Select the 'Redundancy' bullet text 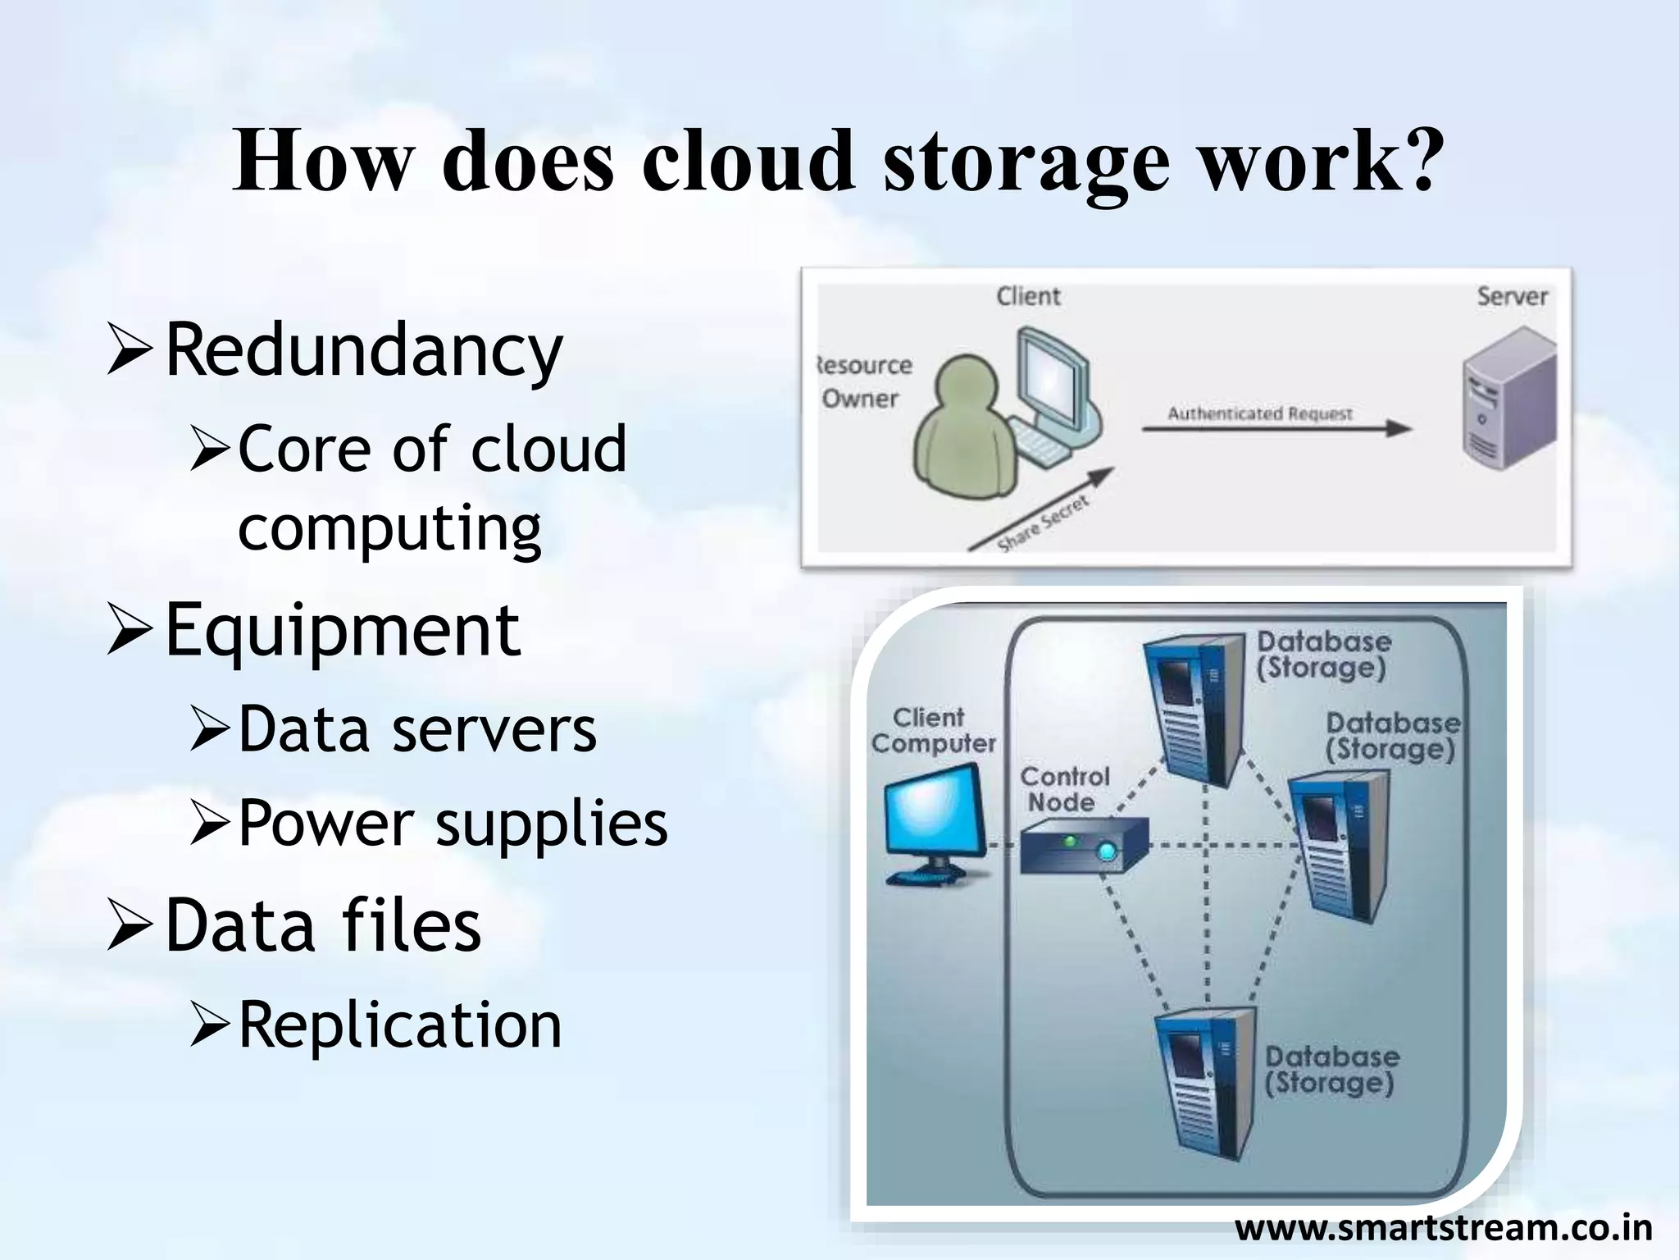click(x=364, y=350)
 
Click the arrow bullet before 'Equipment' click(x=130, y=631)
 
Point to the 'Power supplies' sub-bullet click(x=453, y=823)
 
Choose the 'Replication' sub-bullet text click(x=400, y=1025)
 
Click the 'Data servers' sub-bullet click(x=417, y=729)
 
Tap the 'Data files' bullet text click(x=323, y=925)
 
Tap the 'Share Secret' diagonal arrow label click(x=1043, y=522)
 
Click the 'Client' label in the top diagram click(x=1028, y=296)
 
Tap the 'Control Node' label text click(x=1063, y=789)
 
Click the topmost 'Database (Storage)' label click(x=1323, y=655)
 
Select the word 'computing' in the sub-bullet click(x=389, y=527)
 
